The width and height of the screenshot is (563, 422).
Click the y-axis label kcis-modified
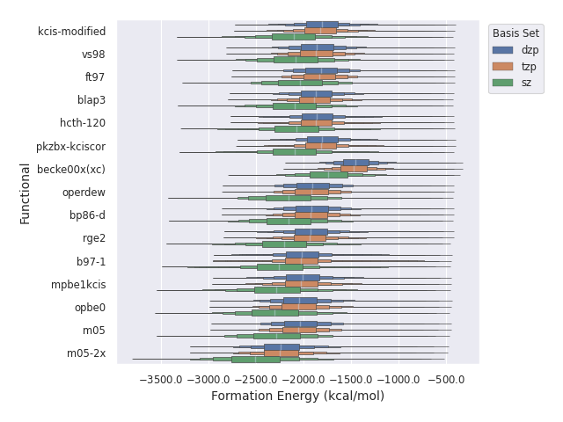(72, 32)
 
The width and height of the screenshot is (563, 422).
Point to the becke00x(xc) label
(71, 170)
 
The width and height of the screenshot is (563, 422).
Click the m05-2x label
(86, 353)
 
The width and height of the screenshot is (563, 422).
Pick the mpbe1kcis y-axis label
(77, 285)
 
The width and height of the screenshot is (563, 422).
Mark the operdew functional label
(84, 193)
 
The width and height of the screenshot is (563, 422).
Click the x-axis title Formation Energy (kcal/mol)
(297, 397)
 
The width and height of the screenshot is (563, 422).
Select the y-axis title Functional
(26, 193)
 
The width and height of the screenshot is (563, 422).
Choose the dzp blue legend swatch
(503, 50)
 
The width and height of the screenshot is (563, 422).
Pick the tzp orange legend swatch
(503, 66)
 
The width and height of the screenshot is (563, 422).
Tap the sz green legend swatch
(503, 83)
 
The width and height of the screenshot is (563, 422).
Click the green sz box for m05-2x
(256, 360)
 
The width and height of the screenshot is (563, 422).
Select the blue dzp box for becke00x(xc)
(355, 163)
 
